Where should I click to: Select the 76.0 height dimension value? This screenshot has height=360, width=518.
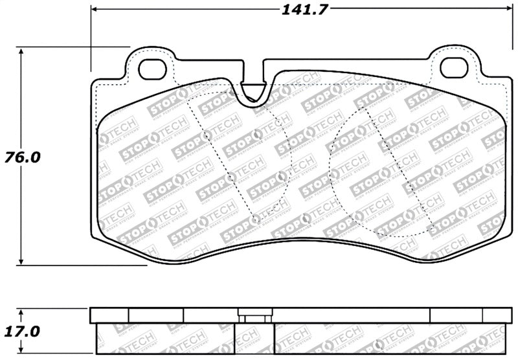tap(22, 157)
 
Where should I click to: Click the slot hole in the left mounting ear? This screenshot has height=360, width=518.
tap(153, 67)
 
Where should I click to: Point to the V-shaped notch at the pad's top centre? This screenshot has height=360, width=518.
tap(252, 91)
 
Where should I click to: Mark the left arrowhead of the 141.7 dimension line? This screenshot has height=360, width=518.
tap(95, 10)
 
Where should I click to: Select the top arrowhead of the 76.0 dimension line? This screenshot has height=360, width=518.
tap(23, 51)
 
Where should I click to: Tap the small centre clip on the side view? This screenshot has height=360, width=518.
tap(253, 316)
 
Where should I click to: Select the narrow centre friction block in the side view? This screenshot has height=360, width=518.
tap(253, 339)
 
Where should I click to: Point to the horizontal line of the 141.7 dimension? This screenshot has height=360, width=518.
tap(194, 10)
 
